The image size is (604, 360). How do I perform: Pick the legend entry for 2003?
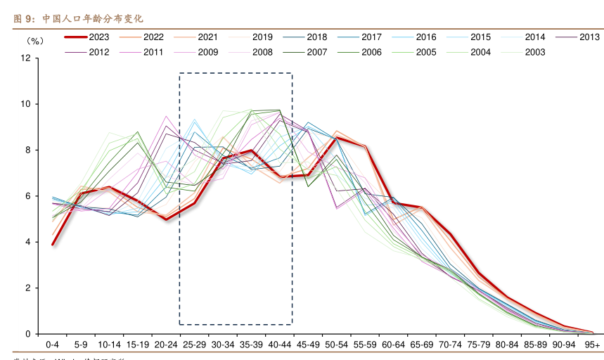point(535,51)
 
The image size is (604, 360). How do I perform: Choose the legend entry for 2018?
point(317,37)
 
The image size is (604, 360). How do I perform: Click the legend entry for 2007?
point(317,51)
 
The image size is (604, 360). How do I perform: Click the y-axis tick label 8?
point(27,150)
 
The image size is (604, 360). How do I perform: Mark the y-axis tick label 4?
point(27,242)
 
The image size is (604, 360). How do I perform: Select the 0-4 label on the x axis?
point(52,345)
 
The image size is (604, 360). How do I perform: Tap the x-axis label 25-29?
point(194,345)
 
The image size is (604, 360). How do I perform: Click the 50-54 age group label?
point(337,345)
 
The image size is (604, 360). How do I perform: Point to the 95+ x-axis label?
point(593,345)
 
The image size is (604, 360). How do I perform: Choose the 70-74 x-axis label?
point(451,345)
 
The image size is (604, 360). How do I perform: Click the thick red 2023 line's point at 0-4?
point(52,245)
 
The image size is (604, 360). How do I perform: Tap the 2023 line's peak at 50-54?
point(337,138)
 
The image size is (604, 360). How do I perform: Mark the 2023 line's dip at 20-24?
point(166,219)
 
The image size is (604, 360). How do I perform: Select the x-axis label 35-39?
point(251,345)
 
